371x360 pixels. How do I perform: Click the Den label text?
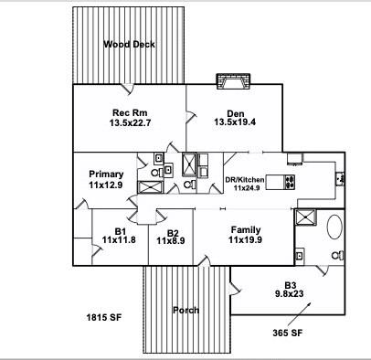point(235,112)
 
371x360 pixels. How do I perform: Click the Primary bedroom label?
point(106,175)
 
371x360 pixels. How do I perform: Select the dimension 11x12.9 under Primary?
point(106,185)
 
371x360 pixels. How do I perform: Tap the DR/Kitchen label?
point(249,179)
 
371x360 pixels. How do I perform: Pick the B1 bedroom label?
point(119,229)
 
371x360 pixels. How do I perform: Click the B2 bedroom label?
point(173,231)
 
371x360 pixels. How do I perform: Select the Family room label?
point(246,229)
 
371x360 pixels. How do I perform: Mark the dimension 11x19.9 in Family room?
point(246,240)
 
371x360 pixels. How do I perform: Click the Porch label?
point(185,310)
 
